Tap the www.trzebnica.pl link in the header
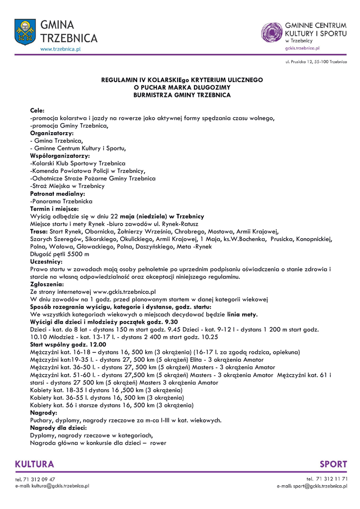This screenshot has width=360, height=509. (x=60, y=49)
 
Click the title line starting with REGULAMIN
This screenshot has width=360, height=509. (x=182, y=80)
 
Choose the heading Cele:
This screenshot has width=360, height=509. (x=37, y=110)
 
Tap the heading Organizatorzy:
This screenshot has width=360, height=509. (x=52, y=133)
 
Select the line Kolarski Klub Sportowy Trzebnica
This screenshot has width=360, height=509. (x=78, y=164)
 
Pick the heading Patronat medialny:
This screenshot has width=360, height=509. (x=58, y=193)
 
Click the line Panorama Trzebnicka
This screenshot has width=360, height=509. (x=62, y=201)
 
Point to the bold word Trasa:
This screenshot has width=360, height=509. (x=39, y=231)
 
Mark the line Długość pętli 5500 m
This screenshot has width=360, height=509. (x=60, y=254)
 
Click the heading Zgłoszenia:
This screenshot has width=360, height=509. (x=47, y=284)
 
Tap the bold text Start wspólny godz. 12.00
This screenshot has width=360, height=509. (x=68, y=344)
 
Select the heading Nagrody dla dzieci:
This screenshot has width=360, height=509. (x=58, y=427)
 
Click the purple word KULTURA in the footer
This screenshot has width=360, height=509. (x=35, y=464)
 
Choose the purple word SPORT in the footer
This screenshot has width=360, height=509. (x=333, y=464)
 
